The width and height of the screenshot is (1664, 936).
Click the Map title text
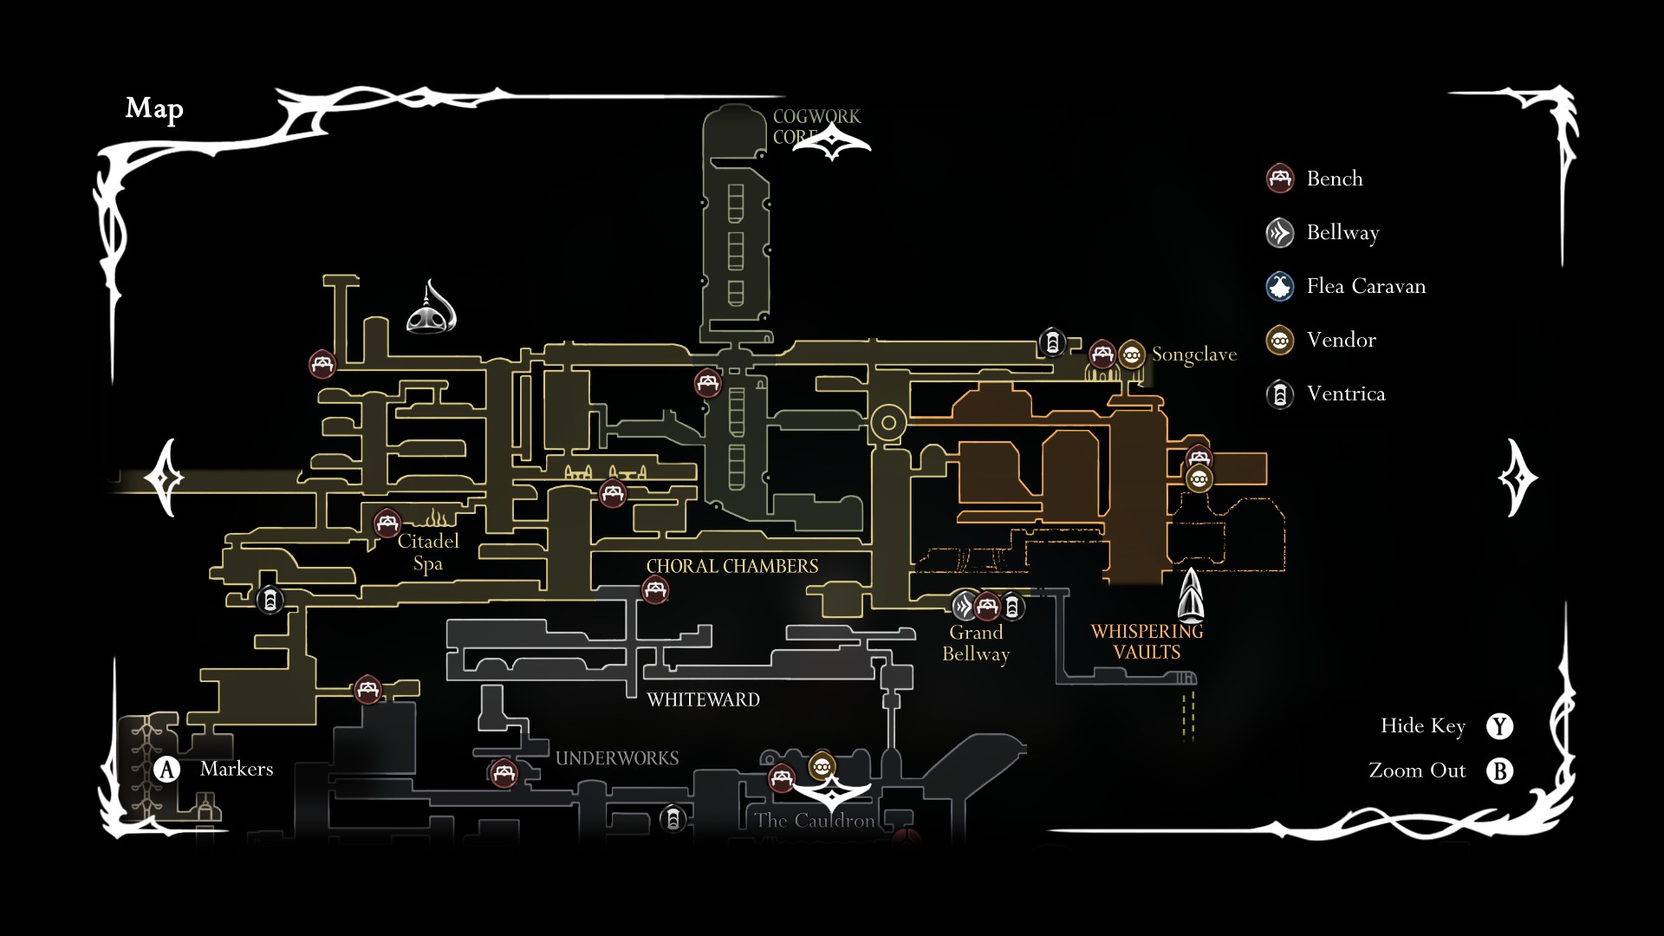tap(154, 108)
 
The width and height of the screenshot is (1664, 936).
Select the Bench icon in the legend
tap(1280, 179)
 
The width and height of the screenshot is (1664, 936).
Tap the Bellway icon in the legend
tap(1280, 232)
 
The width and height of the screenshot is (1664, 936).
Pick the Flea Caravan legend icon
tap(1280, 286)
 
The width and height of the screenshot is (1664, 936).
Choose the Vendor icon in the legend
tap(1280, 340)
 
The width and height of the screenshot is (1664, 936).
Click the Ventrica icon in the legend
tap(1280, 394)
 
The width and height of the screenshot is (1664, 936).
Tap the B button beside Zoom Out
tap(1499, 770)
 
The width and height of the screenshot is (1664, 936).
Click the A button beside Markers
tap(166, 770)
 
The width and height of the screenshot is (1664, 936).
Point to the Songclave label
tap(1193, 354)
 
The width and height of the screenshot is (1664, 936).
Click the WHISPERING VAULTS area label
tap(1147, 642)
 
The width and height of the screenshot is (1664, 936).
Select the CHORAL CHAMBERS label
tap(732, 567)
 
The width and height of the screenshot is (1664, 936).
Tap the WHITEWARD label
tap(703, 699)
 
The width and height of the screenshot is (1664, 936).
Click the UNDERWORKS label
tap(617, 758)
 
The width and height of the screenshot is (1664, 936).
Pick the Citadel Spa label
tap(428, 552)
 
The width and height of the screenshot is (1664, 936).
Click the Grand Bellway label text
tap(976, 643)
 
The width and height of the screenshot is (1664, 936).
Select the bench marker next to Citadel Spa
tap(387, 523)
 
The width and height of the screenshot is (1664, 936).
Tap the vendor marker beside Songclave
tap(1131, 354)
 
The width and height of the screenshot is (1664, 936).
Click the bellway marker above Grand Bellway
tap(964, 606)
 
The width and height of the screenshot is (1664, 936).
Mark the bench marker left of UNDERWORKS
tap(504, 772)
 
